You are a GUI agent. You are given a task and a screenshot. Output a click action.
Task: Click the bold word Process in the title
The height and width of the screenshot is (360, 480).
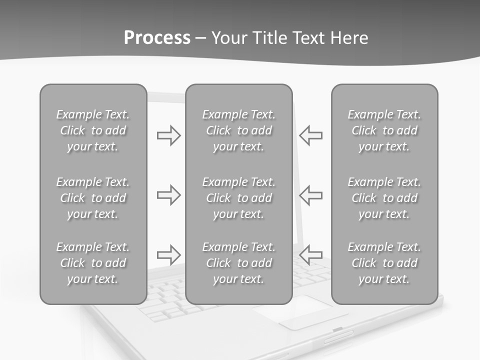point(157,38)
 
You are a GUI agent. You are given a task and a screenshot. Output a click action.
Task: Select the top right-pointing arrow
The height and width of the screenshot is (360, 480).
point(169,135)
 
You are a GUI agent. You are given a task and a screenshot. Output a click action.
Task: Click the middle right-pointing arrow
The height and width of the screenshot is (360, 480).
point(169,195)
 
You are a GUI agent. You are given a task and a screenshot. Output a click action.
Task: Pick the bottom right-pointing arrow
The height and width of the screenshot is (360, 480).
point(169,254)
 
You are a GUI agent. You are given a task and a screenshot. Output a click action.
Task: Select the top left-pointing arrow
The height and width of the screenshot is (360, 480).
point(310,135)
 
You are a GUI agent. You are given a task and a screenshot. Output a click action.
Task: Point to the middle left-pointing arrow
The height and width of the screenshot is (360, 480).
point(310,195)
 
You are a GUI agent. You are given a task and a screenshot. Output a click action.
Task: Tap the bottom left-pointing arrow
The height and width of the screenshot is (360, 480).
point(310,254)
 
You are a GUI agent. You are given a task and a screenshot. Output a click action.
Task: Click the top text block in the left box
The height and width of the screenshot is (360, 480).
point(93,130)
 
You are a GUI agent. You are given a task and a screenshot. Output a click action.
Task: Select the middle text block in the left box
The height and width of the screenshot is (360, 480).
point(93,198)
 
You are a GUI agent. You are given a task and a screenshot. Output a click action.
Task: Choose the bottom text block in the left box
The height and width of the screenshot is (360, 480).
point(93,263)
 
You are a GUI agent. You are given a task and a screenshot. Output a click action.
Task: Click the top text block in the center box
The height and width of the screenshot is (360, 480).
point(239,130)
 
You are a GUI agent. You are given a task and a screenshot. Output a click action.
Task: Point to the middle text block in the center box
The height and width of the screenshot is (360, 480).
point(239,198)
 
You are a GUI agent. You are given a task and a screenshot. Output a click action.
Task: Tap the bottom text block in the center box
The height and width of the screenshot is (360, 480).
point(239,263)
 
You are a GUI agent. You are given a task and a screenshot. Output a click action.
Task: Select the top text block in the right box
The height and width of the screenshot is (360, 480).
point(384,130)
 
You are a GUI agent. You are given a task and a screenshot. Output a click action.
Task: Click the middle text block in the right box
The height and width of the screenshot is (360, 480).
point(384,198)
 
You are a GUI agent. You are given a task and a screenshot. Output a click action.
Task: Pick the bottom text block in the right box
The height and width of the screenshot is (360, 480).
point(384,263)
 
